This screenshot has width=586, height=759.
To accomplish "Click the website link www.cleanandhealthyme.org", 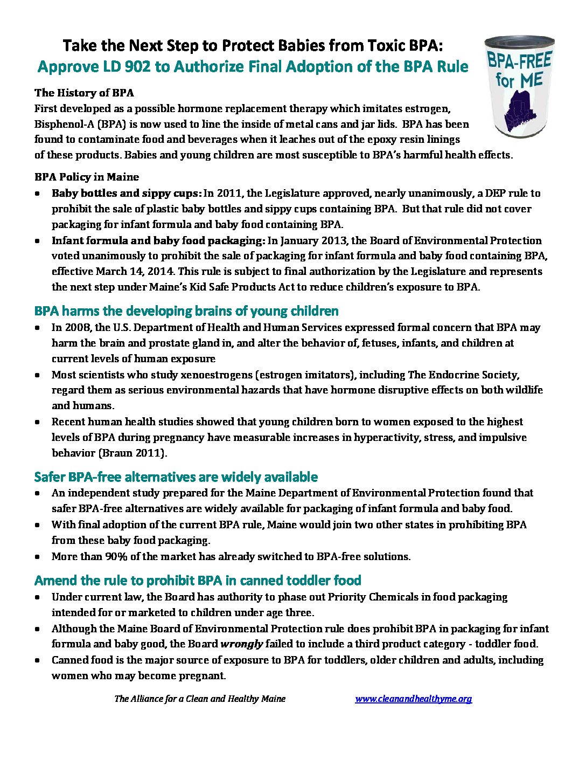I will (x=413, y=699).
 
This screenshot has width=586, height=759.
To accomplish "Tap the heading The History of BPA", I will (x=84, y=93).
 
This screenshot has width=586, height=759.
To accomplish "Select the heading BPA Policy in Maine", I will (x=87, y=177).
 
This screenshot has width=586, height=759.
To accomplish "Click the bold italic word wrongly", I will (x=241, y=644).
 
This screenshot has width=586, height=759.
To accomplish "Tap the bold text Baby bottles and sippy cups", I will (x=126, y=193).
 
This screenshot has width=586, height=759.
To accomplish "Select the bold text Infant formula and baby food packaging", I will (x=158, y=240).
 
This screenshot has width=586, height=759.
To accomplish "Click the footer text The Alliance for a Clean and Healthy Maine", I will (x=200, y=699).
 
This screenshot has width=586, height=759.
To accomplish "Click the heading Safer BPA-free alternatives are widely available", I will (x=176, y=477).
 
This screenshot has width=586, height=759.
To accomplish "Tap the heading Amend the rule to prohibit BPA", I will (x=197, y=581).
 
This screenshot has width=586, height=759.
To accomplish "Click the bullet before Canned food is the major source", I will (x=37, y=660).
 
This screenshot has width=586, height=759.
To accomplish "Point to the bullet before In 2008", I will (x=37, y=328).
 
